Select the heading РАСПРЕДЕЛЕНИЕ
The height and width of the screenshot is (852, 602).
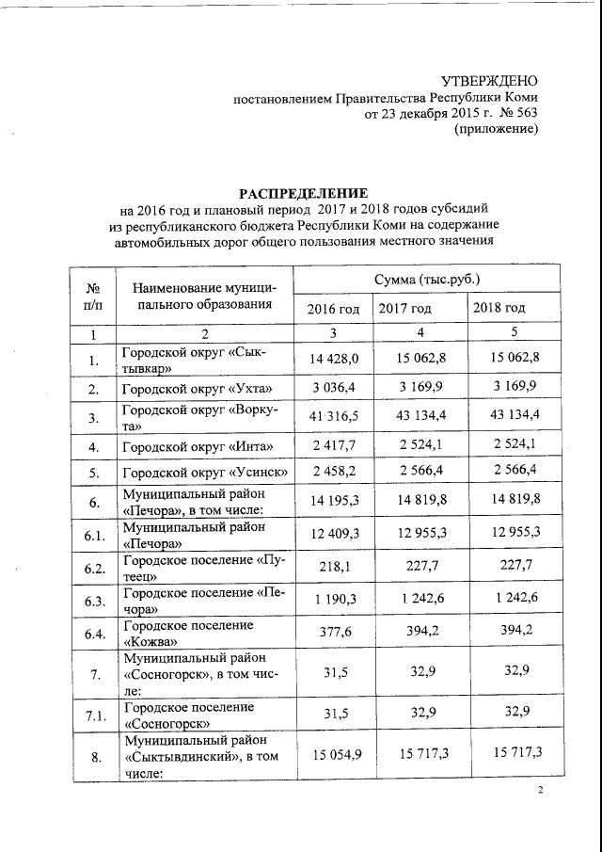click(303, 192)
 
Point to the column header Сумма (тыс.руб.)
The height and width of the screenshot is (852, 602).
click(427, 280)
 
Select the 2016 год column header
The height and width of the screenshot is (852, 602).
click(333, 309)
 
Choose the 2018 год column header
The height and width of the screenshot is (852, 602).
click(499, 309)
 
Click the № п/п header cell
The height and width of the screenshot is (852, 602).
click(93, 294)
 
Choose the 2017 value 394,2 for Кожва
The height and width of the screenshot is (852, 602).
click(420, 630)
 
